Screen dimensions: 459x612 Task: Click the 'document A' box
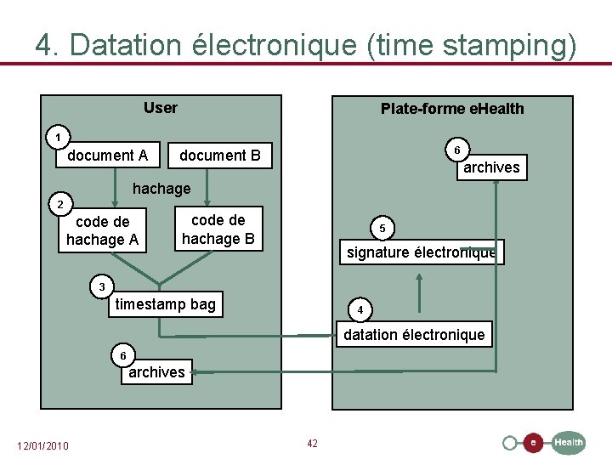[108, 156]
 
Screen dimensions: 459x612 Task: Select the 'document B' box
[220, 156]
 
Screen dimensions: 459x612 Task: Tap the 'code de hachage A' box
[102, 230]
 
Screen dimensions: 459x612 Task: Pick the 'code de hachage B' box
[218, 229]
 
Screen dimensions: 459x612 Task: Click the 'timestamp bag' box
[166, 304]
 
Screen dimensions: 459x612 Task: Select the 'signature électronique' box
[422, 252]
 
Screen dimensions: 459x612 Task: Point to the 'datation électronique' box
[414, 335]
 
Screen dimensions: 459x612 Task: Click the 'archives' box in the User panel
[156, 372]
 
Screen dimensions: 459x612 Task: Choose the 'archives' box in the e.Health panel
[491, 167]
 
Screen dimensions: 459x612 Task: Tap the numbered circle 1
[58, 137]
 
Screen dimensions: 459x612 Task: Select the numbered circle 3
[102, 287]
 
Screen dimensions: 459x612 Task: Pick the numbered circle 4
[360, 310]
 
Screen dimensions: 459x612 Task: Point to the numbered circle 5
[382, 229]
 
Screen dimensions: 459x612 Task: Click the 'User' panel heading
[161, 108]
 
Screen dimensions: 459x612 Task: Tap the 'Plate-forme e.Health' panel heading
[452, 109]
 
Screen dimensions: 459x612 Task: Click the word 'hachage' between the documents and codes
[161, 188]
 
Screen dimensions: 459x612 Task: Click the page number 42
[312, 444]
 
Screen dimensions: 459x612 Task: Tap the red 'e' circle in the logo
[533, 442]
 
